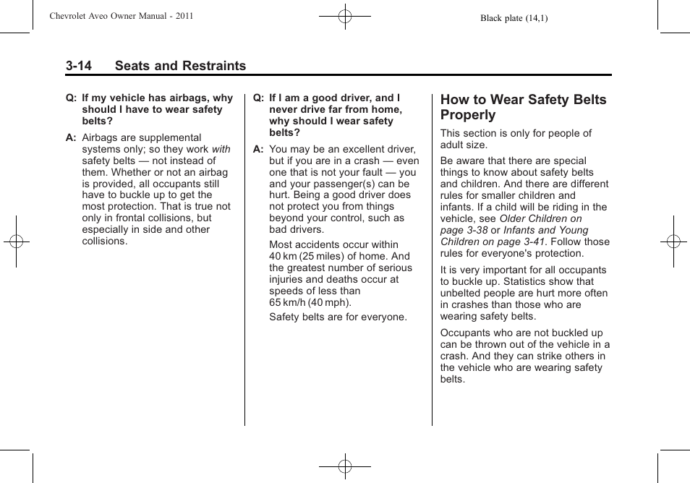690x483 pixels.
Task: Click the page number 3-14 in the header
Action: click(78, 66)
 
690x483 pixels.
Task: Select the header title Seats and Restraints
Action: click(180, 66)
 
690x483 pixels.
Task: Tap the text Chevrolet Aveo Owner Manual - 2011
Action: click(122, 16)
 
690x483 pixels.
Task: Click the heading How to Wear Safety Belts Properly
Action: click(523, 107)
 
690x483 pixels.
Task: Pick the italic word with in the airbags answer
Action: click(221, 149)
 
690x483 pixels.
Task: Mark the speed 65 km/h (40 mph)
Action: click(310, 302)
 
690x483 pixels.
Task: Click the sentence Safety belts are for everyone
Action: click(338, 317)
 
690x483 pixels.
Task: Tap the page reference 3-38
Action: click(474, 230)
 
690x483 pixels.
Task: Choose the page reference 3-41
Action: click(532, 241)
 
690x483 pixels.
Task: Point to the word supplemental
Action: click(169, 137)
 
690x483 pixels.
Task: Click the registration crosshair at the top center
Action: click(345, 15)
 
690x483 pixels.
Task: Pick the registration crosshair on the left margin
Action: click(16, 241)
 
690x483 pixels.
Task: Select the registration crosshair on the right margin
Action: click(673, 241)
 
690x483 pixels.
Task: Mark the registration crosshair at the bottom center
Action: click(345, 466)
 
